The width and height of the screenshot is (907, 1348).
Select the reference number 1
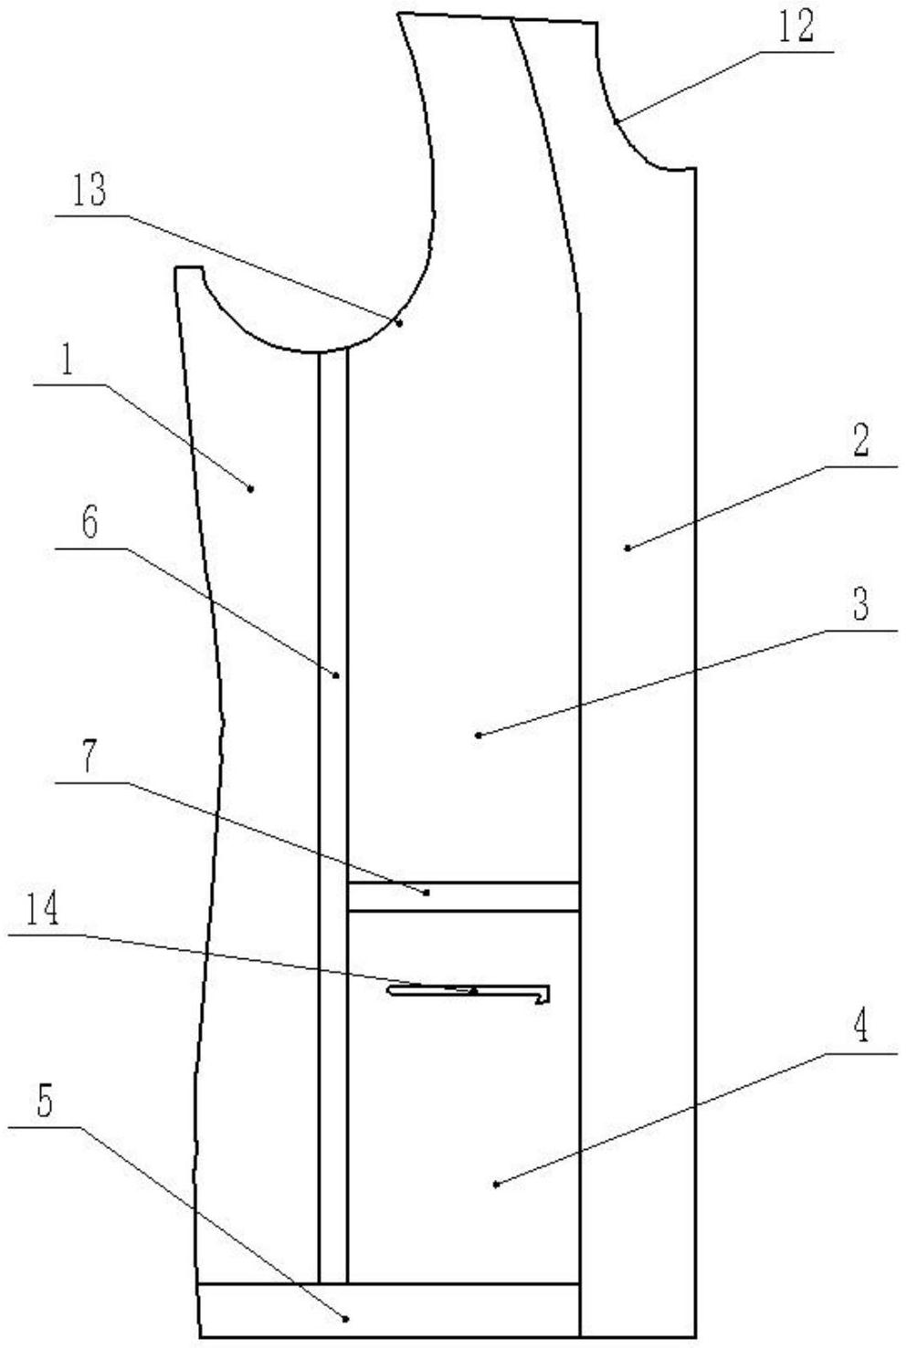pos(66,362)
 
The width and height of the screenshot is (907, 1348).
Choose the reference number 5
pos(45,1102)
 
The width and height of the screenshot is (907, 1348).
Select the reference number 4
pos(860,1029)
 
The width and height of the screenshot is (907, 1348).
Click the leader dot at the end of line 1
pos(251,488)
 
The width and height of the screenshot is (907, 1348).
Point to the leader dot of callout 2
pos(627,548)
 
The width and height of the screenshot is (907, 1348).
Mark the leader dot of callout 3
pos(479,734)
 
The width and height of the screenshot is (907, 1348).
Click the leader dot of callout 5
pos(345,1317)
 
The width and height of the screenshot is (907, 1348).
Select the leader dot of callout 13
pos(400,322)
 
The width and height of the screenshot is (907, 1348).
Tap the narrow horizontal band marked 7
pos(463,896)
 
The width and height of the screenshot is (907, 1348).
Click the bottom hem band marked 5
pos(389,1310)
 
